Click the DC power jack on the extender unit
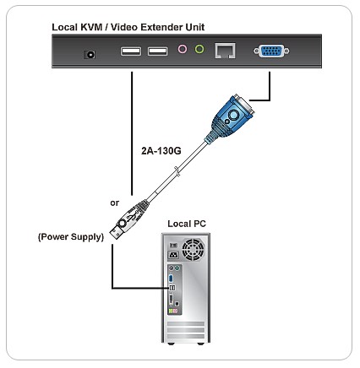click(x=90, y=54)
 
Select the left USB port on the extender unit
click(x=131, y=51)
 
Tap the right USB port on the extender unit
click(x=158, y=51)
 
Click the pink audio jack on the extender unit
click(x=183, y=49)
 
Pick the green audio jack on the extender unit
click(x=199, y=49)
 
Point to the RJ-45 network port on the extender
click(x=225, y=51)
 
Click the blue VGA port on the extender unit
click(x=271, y=51)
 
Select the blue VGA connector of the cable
click(x=231, y=116)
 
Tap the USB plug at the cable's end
click(x=128, y=220)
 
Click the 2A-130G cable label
click(x=161, y=151)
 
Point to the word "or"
click(x=115, y=203)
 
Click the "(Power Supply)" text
click(x=71, y=237)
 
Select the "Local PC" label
click(x=187, y=224)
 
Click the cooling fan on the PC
click(x=194, y=250)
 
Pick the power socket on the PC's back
click(x=173, y=256)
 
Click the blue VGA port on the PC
click(x=171, y=279)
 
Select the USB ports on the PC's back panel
click(x=172, y=288)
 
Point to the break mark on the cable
click(x=177, y=171)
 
